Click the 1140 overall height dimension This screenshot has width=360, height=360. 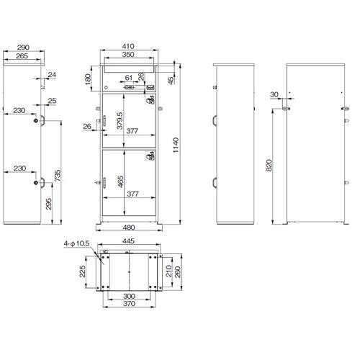coord(176,145)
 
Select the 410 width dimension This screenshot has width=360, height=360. coord(128,46)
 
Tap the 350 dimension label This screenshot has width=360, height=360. coord(128,55)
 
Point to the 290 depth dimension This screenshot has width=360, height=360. coord(23,48)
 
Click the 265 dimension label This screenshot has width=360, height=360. coord(22,56)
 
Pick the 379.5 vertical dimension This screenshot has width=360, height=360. coord(120,121)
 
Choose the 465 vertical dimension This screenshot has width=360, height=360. coord(121,181)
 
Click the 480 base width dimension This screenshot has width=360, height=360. coord(129,227)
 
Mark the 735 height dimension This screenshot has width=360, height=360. coord(58,176)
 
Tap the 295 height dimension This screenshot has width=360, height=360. coord(49,204)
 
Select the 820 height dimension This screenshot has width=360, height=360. coord(269,166)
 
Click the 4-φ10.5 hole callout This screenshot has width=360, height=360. coord(76,243)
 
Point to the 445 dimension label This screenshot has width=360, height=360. coord(128,240)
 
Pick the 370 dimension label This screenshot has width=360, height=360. coord(129,304)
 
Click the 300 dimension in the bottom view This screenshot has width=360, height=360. coord(129,296)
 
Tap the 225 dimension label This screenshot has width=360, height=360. coord(82,271)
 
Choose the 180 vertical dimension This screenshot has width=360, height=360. coord(88,79)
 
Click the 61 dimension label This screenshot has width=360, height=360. coord(129,78)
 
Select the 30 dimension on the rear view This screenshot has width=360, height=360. coord(274,94)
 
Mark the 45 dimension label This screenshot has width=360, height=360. coord(171,81)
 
